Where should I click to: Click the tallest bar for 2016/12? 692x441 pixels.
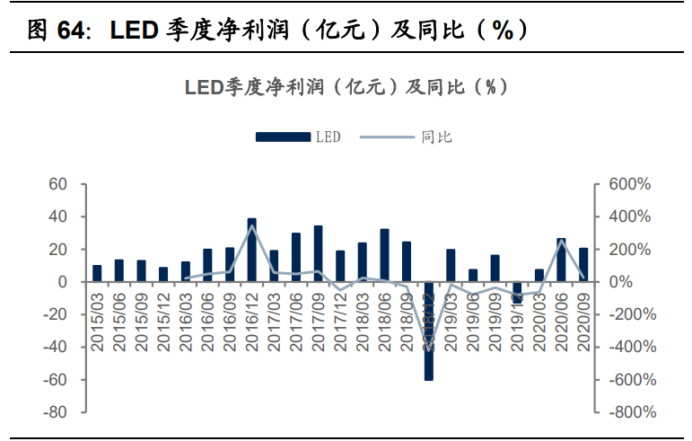click(252, 250)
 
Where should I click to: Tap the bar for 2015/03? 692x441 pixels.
click(97, 273)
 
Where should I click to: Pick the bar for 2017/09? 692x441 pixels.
click(319, 253)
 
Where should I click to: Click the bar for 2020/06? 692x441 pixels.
click(561, 260)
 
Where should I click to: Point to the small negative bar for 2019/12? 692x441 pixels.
click(517, 292)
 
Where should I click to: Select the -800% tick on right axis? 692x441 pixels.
click(630, 412)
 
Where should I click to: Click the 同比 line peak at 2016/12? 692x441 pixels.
click(252, 225)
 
